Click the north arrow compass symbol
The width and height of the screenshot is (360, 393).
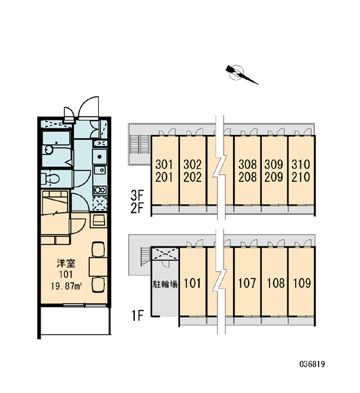240,73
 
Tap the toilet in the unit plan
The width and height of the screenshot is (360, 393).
50,178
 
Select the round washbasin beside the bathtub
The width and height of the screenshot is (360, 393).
48,150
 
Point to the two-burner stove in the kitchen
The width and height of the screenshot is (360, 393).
99,190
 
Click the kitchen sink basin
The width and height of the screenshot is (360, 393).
99,157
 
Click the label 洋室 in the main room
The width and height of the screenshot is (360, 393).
66,263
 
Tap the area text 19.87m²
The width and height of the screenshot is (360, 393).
67,286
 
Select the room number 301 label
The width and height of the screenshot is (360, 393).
164,164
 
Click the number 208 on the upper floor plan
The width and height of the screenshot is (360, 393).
247,178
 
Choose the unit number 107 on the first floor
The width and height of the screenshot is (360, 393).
247,283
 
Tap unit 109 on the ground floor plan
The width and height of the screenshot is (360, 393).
302,283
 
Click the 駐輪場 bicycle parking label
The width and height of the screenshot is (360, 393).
166,284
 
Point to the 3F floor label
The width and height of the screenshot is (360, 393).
137,195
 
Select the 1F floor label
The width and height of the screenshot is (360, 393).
137,316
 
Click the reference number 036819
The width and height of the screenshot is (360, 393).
312,364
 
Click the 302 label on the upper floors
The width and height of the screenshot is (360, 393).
192,164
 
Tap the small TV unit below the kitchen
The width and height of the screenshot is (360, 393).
98,220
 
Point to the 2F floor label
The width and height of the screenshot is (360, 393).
137,208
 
